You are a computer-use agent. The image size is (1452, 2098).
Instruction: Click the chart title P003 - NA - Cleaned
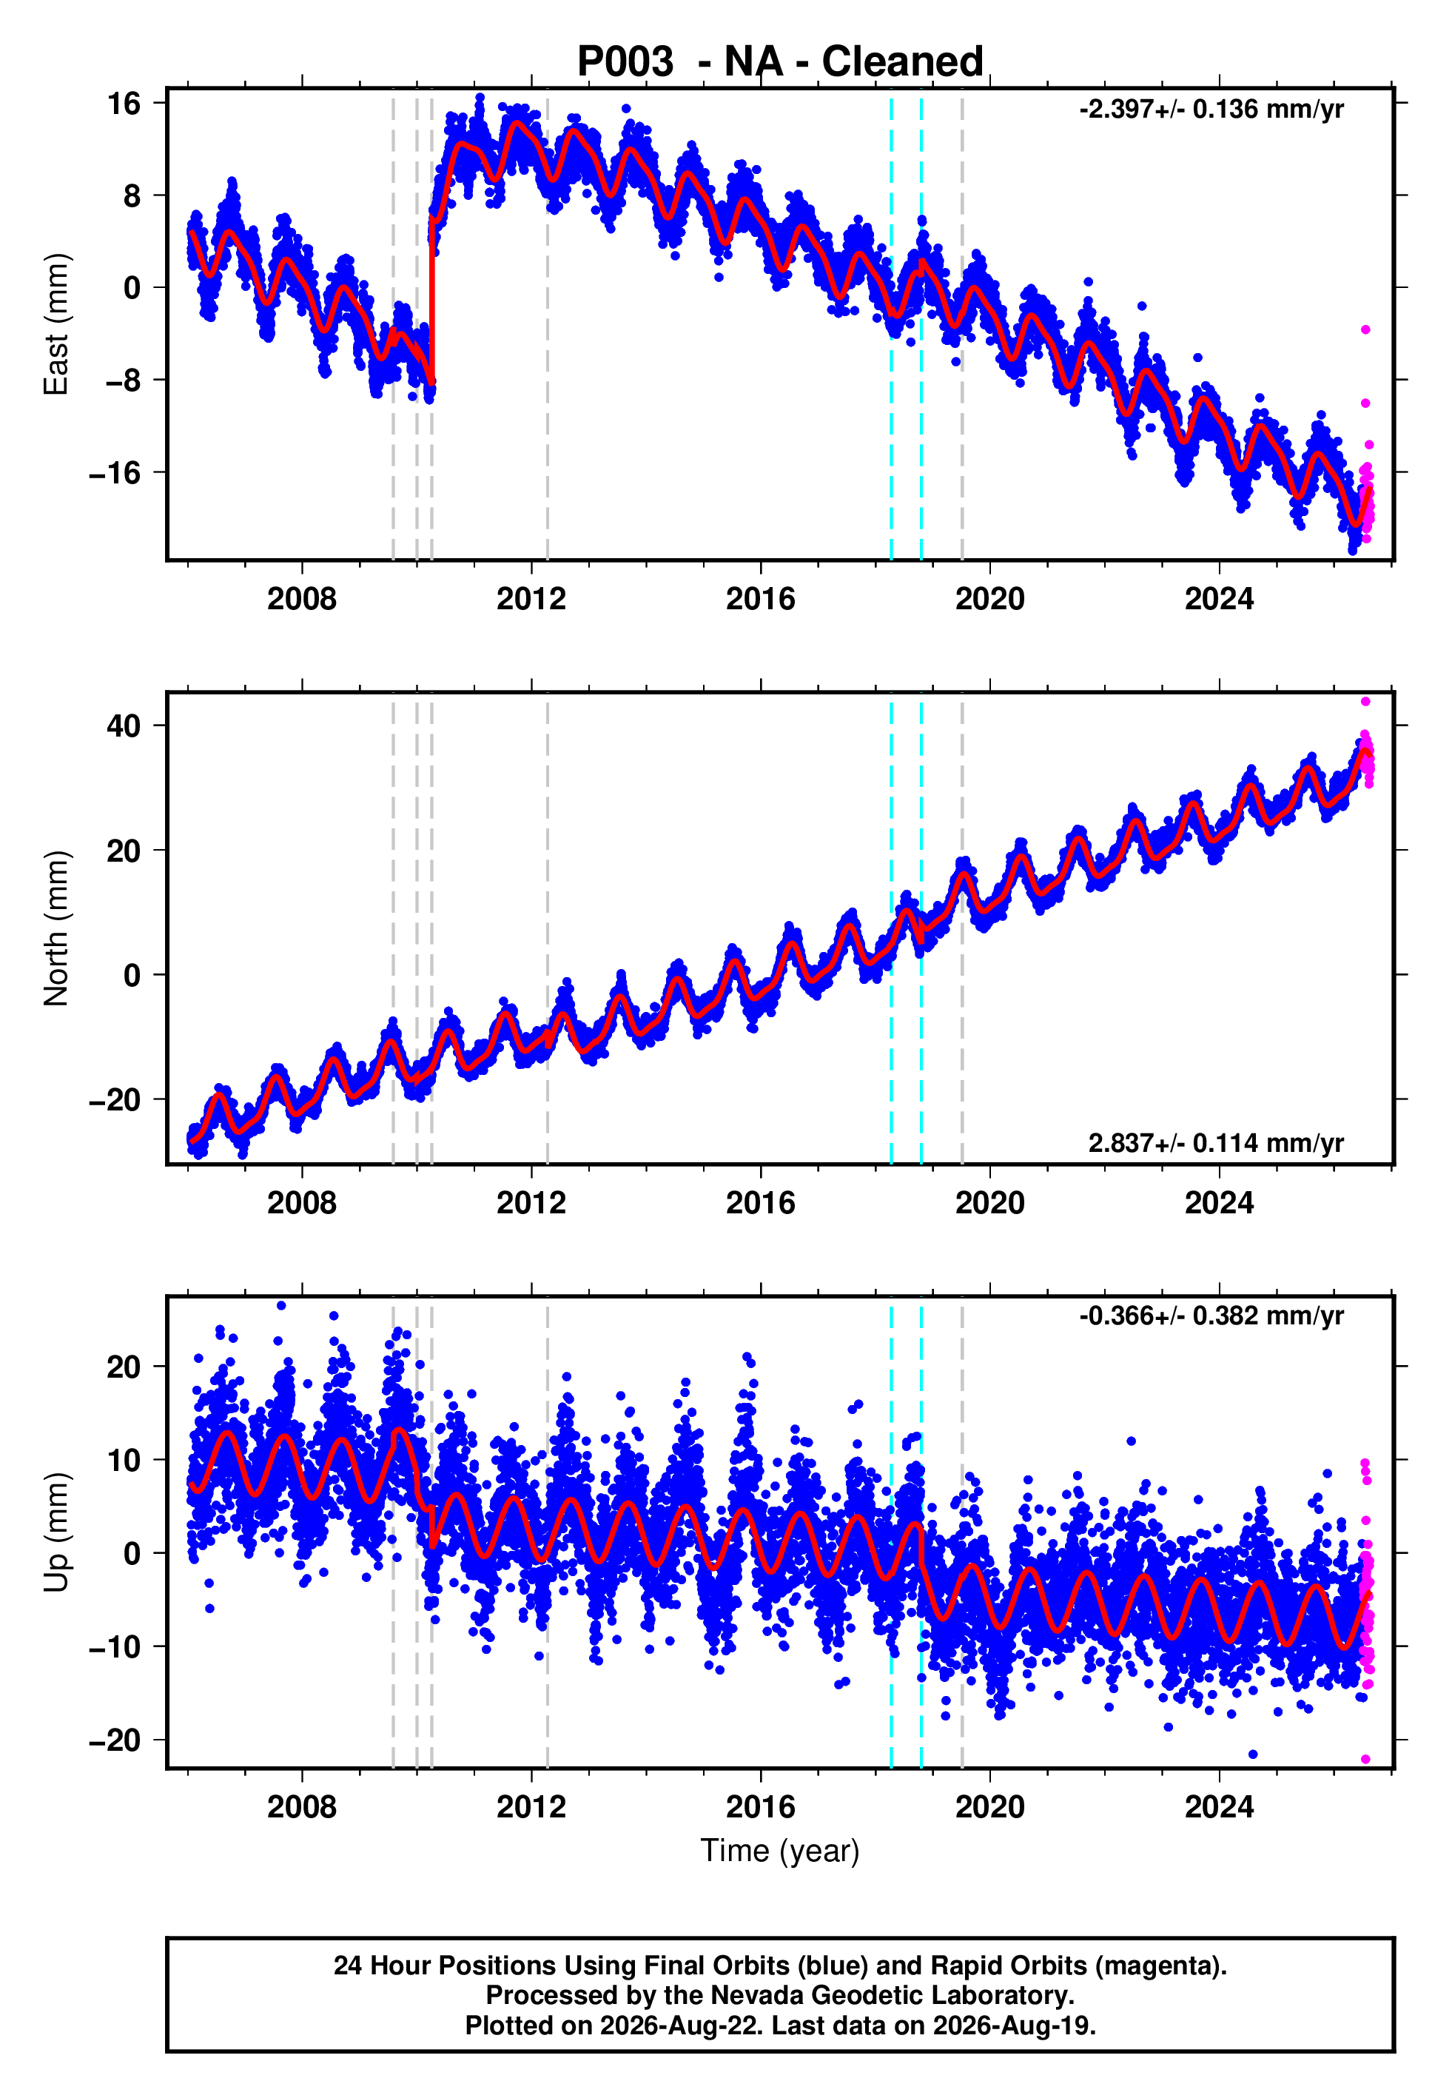(780, 62)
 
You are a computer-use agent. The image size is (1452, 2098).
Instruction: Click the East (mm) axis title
(56, 324)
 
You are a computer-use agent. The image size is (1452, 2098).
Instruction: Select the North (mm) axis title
(56, 928)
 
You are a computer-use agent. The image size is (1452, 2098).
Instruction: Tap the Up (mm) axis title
(56, 1533)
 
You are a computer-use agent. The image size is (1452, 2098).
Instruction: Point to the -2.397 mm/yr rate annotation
(1211, 109)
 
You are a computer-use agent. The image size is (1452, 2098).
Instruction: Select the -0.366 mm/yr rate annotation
(1211, 1316)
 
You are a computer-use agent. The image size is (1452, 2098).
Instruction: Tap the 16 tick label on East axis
(124, 104)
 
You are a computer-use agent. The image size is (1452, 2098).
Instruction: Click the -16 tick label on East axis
(115, 473)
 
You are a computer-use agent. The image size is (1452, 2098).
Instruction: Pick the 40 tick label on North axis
(124, 726)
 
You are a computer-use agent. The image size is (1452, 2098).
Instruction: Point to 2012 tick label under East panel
(531, 599)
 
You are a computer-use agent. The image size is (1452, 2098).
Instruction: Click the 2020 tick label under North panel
(990, 1203)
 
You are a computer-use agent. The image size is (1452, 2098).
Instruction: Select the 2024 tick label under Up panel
(1219, 1807)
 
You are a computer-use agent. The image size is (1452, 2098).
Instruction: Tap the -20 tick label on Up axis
(115, 1740)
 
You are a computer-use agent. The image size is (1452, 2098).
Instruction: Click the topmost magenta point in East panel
(1365, 330)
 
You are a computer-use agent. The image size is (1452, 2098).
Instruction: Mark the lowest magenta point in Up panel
(1365, 1760)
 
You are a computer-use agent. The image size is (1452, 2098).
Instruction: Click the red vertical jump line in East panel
(432, 301)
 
